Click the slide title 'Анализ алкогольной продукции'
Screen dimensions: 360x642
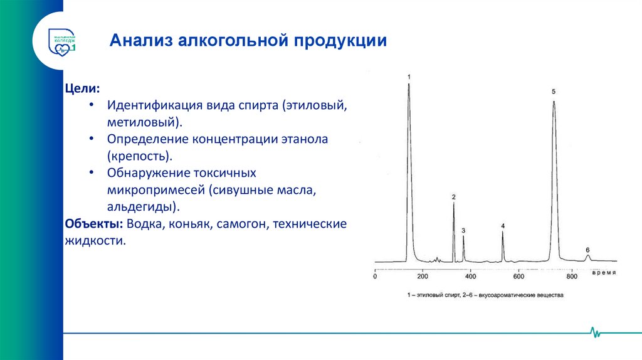point(248,41)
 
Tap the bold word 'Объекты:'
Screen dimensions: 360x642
point(93,224)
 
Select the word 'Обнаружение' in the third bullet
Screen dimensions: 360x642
point(144,172)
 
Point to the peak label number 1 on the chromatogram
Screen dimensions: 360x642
point(409,77)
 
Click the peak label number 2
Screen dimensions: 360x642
point(453,198)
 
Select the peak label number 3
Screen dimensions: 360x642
point(463,231)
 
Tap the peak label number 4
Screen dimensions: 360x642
point(503,226)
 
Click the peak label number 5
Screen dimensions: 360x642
point(554,92)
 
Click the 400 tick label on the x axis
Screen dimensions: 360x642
point(471,276)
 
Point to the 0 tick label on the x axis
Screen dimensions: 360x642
point(375,276)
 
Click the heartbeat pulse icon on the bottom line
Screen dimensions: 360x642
point(594,333)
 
